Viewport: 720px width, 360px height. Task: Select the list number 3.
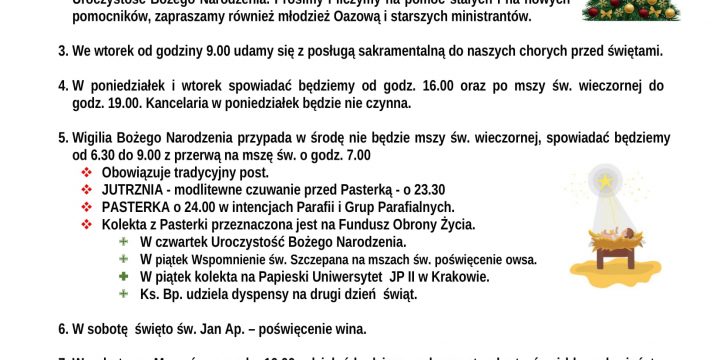tap(62, 50)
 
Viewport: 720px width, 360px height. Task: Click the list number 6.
tap(62, 328)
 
